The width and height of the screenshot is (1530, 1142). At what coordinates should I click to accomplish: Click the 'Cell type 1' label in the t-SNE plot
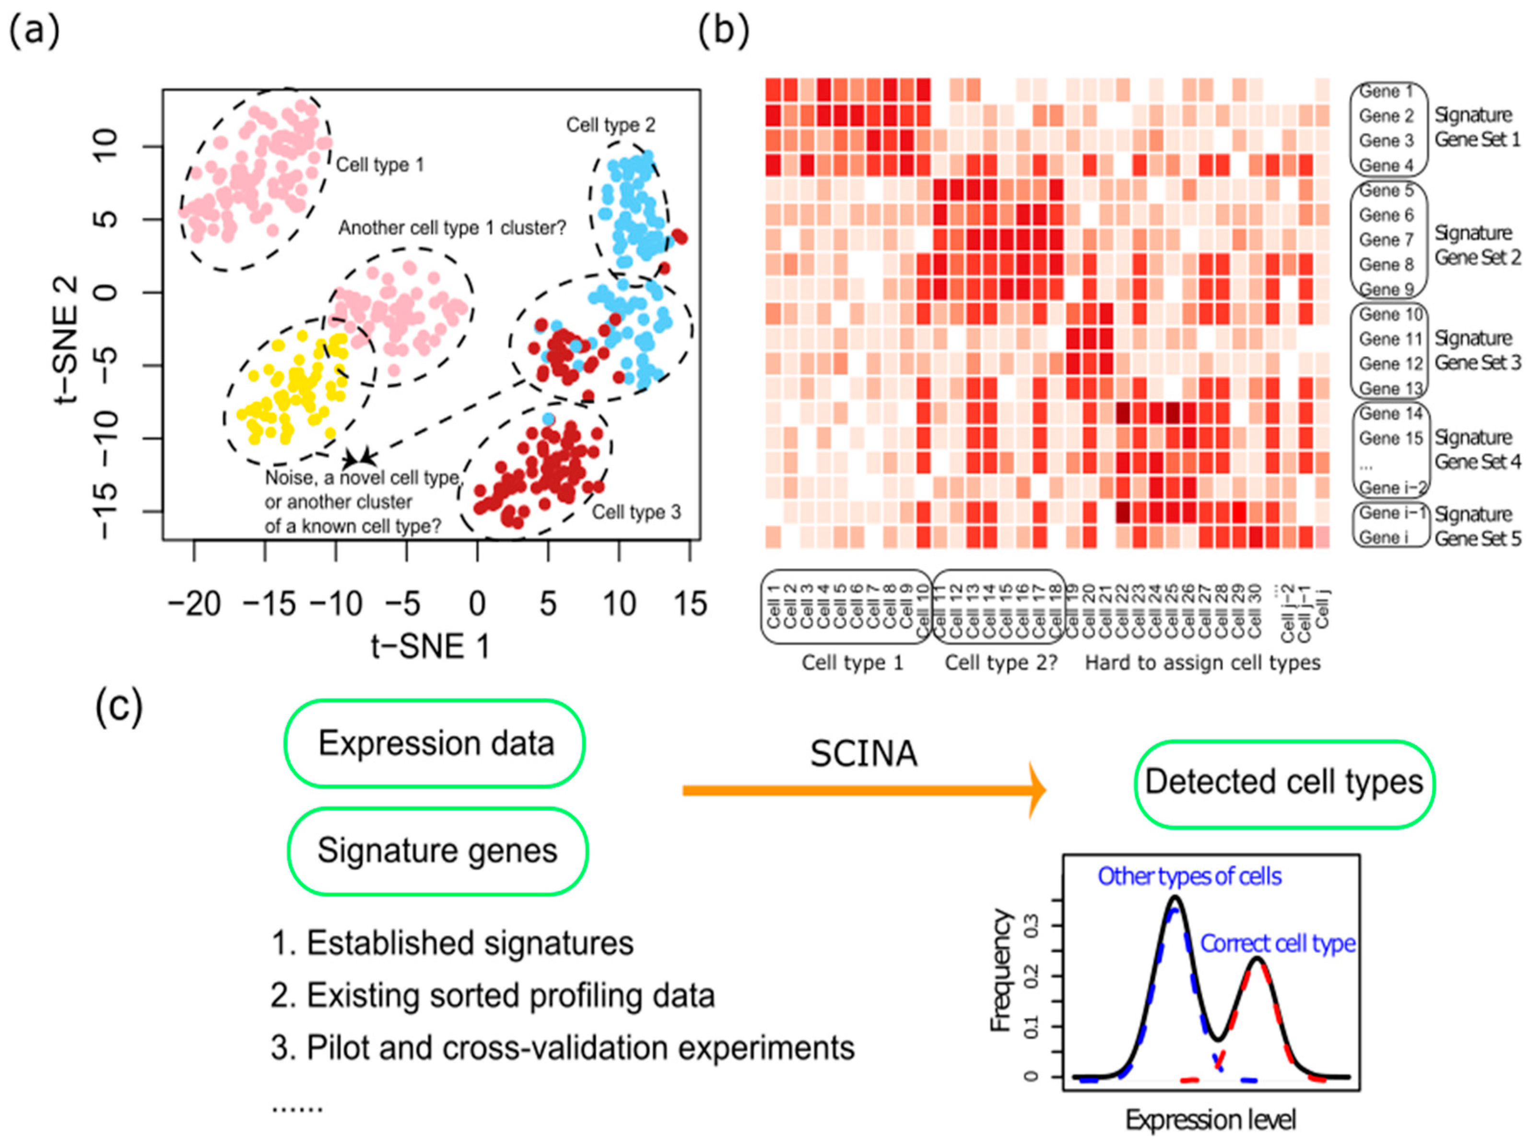click(379, 165)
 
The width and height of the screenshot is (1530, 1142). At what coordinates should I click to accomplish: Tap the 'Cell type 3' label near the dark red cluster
click(636, 512)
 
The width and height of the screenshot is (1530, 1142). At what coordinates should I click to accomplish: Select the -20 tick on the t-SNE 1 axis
click(194, 604)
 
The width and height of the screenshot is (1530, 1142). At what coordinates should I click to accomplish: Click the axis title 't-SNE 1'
click(430, 647)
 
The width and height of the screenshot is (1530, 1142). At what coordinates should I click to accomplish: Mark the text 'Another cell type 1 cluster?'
click(451, 227)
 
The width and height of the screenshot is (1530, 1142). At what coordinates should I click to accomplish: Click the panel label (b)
click(723, 32)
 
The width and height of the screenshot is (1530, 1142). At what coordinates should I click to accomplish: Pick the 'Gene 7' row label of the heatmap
click(1386, 240)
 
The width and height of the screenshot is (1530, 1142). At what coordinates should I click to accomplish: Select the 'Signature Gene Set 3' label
click(1477, 350)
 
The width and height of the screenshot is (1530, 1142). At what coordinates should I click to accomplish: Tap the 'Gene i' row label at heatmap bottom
click(1380, 538)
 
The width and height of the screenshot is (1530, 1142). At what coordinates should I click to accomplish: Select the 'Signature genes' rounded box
click(437, 850)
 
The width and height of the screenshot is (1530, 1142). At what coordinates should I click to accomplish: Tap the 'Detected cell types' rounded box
click(1284, 783)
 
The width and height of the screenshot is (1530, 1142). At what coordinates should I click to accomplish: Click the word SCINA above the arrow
click(864, 753)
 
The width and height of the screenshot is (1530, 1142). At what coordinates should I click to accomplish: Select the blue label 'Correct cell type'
click(1277, 944)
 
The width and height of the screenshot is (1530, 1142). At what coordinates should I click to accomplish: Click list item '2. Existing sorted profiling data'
click(492, 996)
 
